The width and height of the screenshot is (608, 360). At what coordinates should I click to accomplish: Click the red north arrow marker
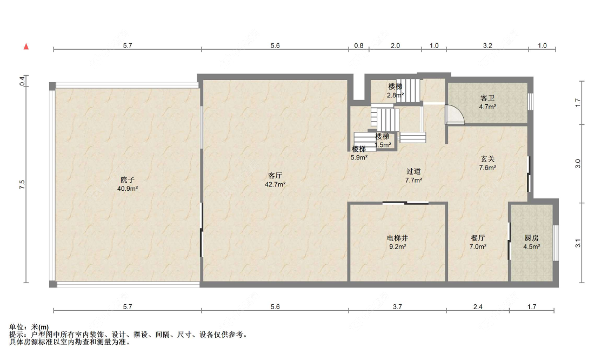point(26,46)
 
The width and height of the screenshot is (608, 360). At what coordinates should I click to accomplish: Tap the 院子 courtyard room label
point(127,180)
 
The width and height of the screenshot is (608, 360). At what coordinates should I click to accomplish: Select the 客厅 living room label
point(275,176)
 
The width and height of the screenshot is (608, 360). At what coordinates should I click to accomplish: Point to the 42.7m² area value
point(275,185)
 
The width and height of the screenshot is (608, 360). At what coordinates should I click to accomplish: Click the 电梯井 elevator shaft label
point(397,238)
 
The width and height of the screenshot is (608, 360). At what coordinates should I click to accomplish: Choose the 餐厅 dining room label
point(478,238)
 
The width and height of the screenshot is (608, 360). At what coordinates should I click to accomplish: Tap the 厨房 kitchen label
point(532,238)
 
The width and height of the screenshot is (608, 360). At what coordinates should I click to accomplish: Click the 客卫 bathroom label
point(487,98)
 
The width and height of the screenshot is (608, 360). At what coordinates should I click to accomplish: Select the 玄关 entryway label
point(487,159)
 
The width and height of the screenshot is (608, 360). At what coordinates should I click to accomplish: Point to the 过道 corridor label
point(413,171)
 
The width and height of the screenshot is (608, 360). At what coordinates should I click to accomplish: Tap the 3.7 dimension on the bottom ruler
point(397,307)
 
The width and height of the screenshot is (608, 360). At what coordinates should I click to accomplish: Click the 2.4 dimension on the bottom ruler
point(478,307)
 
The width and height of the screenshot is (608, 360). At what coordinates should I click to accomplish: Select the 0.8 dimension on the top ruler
point(359,46)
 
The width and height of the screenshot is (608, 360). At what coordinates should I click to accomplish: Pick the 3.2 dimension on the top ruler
point(487,46)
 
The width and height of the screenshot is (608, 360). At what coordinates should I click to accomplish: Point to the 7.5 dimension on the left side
point(22,185)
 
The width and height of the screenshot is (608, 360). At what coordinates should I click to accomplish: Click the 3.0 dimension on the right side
point(578,164)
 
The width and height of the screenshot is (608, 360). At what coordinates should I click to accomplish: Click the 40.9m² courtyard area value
point(128,189)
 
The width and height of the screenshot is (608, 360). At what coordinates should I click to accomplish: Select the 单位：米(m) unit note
point(29,327)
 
